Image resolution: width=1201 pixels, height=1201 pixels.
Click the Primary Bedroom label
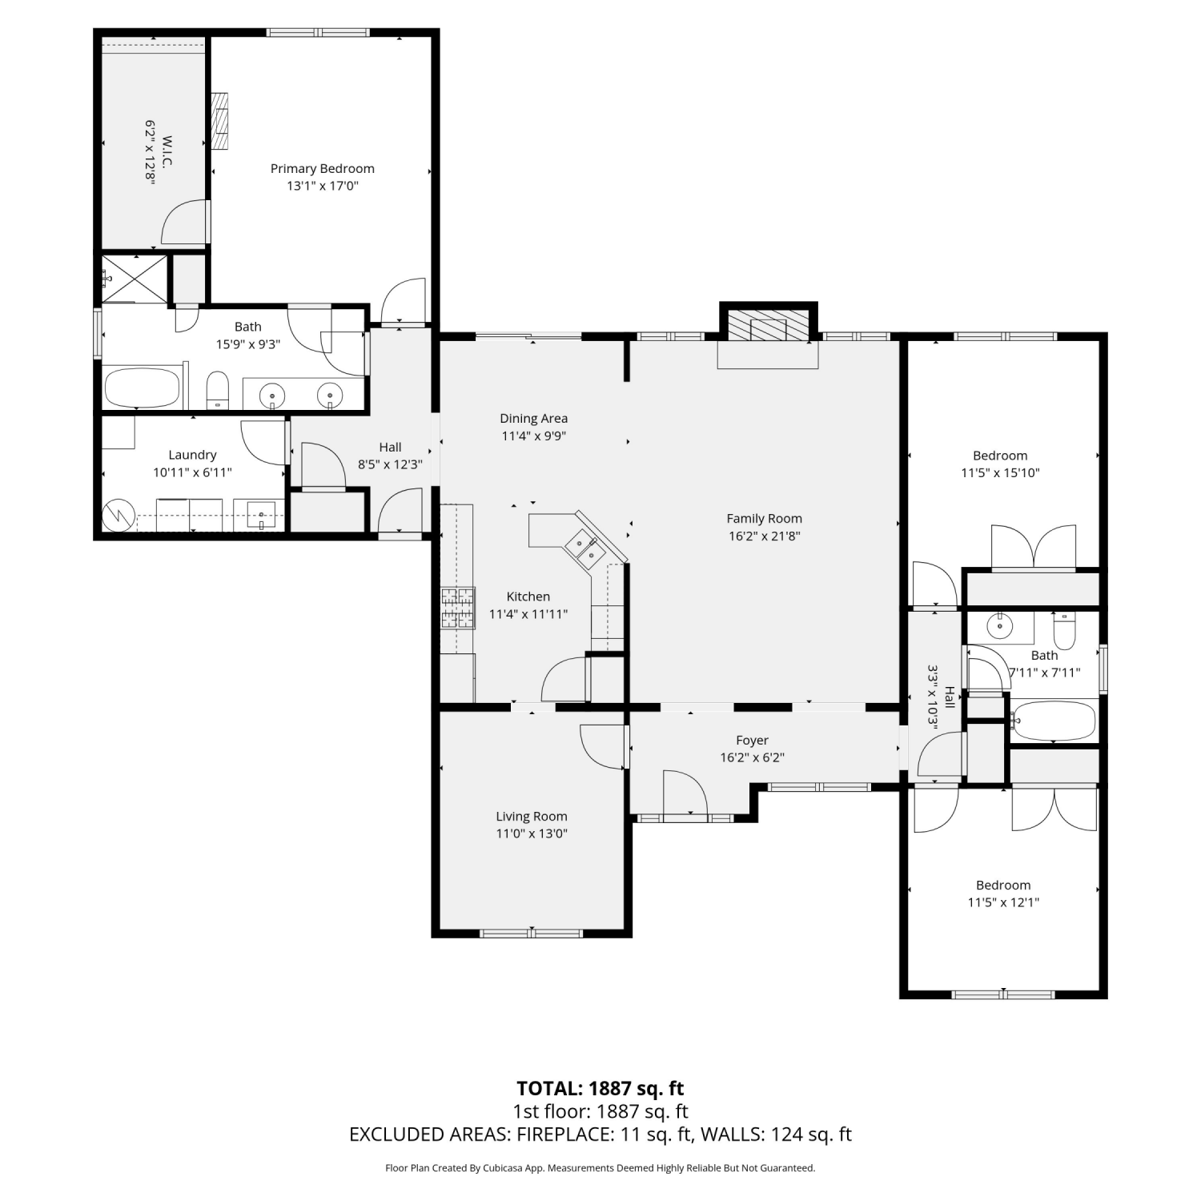323,169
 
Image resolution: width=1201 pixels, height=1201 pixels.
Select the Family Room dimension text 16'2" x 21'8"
765,536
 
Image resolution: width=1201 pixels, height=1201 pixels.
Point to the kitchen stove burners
457,608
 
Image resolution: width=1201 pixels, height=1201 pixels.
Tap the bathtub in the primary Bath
142,388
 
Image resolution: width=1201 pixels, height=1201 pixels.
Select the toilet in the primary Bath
218,391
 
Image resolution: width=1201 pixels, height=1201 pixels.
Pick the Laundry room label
192,455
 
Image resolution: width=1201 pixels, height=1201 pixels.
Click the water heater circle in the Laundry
118,515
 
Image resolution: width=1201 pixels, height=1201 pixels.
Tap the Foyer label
753,741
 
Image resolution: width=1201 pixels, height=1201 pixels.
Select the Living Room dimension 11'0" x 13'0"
532,833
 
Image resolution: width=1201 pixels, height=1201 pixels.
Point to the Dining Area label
534,418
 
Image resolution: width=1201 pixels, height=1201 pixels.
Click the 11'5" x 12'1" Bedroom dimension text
1003,902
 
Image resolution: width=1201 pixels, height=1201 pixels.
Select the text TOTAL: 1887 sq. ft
600,1088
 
